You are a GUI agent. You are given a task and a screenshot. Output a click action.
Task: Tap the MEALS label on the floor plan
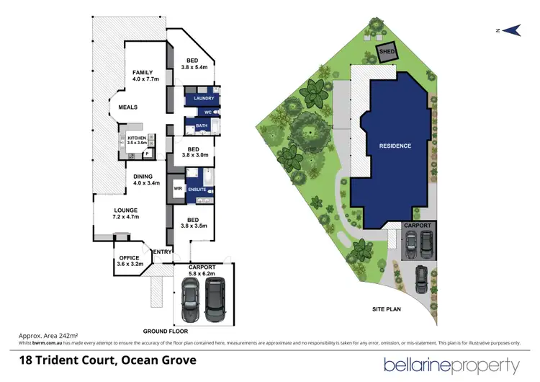click(128, 107)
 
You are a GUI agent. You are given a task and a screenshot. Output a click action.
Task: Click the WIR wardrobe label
click(177, 189)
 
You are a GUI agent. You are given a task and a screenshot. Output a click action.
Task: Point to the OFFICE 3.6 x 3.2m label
click(130, 260)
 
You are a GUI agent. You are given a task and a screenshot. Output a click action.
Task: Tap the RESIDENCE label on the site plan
click(395, 146)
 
